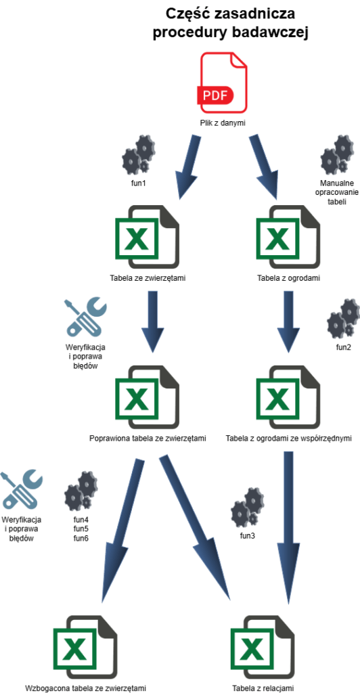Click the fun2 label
pos(344,347)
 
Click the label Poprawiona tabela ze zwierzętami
pos(148,439)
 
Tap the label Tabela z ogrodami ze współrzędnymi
pos(288,439)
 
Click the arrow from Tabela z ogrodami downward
pos(288,321)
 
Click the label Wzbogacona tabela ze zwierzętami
pos(85,688)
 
